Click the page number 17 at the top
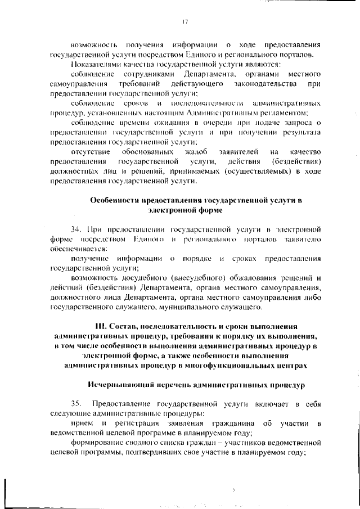184,21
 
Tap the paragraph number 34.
75,229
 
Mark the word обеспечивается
76,249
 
